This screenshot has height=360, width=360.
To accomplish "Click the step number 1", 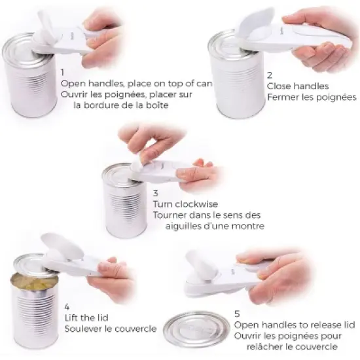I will click(x=62, y=73).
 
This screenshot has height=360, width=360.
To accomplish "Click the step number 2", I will click(x=270, y=75).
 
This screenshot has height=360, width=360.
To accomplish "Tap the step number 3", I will click(x=156, y=193).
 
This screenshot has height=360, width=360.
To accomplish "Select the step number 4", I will click(x=67, y=306).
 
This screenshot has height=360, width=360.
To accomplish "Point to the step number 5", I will click(x=237, y=314).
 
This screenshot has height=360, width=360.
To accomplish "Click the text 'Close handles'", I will click(x=297, y=86).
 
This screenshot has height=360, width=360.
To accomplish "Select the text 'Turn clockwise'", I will click(x=185, y=204).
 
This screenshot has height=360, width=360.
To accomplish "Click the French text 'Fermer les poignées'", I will click(x=311, y=98).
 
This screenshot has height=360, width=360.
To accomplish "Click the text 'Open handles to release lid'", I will click(x=294, y=325).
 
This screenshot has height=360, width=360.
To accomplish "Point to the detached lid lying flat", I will click(x=196, y=329).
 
